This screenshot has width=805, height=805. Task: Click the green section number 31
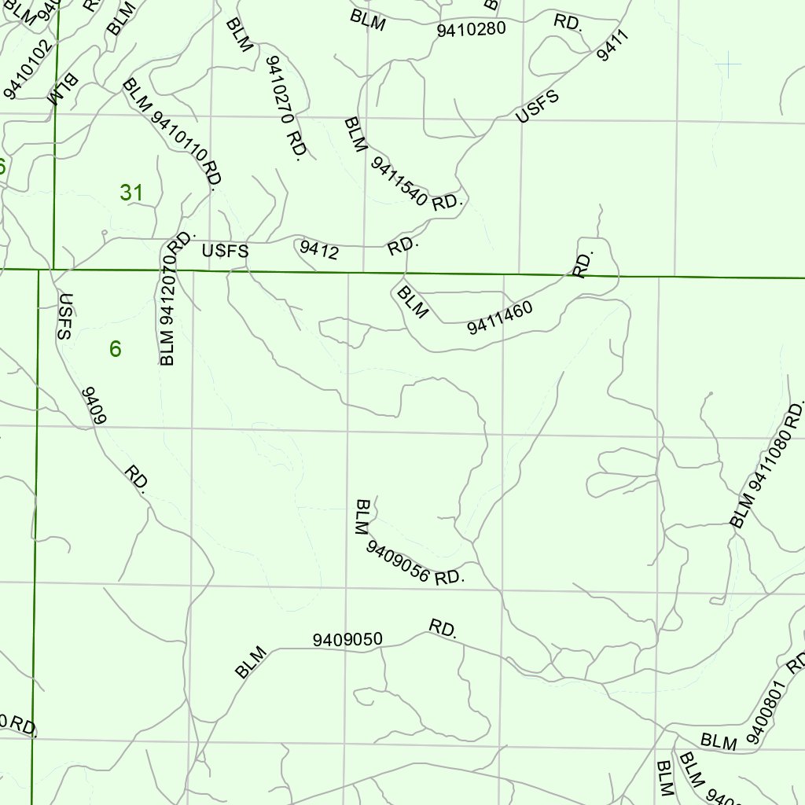[x=131, y=192]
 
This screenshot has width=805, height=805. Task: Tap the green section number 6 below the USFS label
[x=116, y=349]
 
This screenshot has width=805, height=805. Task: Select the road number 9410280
[x=471, y=30]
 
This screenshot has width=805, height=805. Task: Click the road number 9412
[x=319, y=251]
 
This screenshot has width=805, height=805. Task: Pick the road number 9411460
[x=500, y=317]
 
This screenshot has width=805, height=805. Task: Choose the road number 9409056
[x=398, y=562]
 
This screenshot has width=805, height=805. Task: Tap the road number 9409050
[x=347, y=639]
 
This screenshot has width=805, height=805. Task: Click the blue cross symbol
[x=729, y=64]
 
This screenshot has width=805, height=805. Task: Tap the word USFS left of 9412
[x=225, y=252]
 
